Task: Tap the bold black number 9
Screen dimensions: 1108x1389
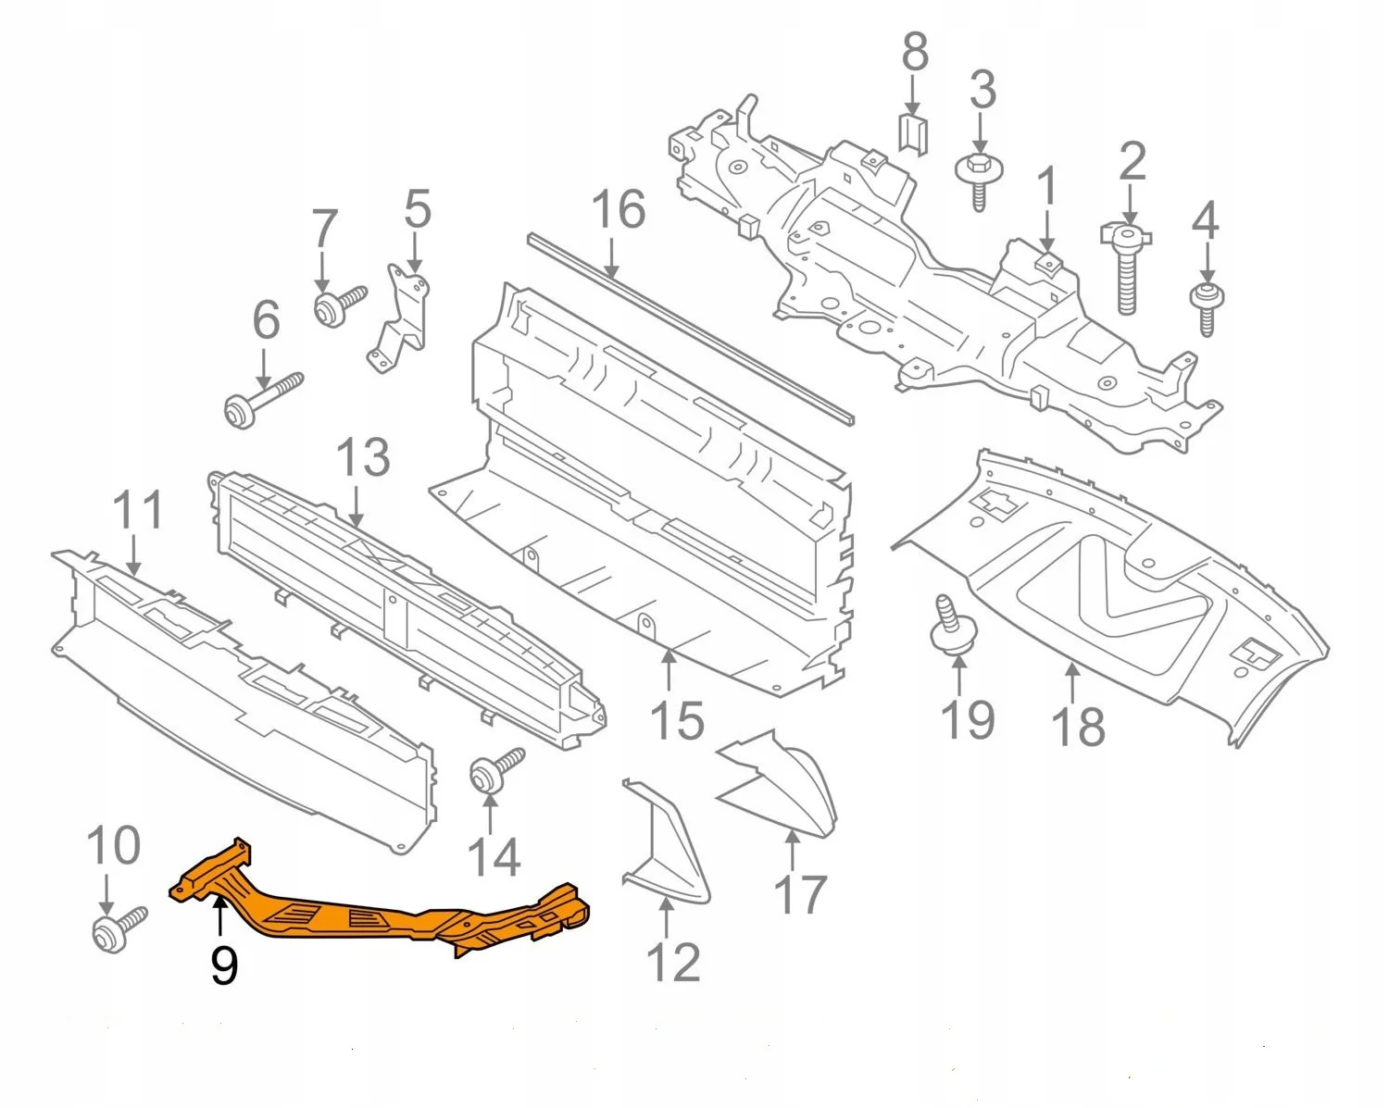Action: (x=224, y=965)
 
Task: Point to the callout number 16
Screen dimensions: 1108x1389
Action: (x=618, y=210)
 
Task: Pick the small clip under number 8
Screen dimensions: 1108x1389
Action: (x=913, y=135)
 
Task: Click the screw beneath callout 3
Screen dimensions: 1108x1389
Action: (x=978, y=180)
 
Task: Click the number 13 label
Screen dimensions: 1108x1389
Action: (x=362, y=458)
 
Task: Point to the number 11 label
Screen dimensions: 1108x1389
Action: (x=138, y=510)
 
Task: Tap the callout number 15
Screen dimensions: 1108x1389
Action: (x=677, y=720)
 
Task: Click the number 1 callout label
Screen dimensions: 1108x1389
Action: (x=1046, y=188)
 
